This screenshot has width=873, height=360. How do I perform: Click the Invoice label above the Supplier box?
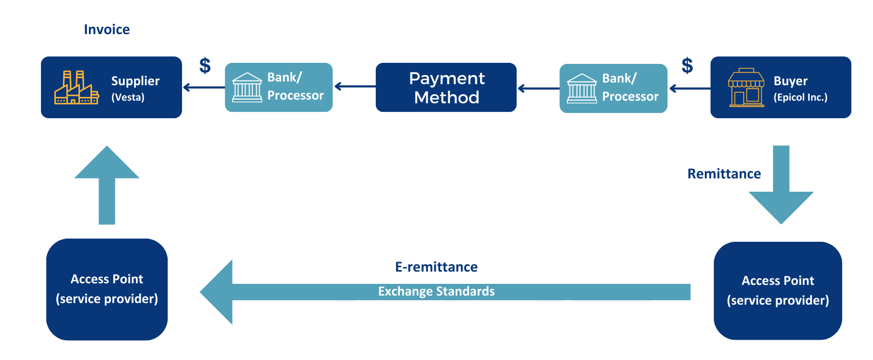click(x=107, y=30)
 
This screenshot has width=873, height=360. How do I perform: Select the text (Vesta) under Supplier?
click(x=128, y=97)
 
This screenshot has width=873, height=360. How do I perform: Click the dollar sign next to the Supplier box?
click(x=205, y=66)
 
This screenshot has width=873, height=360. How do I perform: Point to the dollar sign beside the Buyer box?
click(x=687, y=66)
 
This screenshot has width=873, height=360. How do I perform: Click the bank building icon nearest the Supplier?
click(x=247, y=87)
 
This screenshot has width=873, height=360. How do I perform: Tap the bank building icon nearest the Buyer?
click(x=582, y=88)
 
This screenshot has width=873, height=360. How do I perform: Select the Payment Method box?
click(x=446, y=87)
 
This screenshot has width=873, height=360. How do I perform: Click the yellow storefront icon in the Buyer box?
click(x=746, y=88)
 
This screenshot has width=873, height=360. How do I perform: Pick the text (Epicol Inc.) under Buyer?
click(x=801, y=97)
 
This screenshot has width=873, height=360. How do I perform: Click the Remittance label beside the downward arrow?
click(x=724, y=174)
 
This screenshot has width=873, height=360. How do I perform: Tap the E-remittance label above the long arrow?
click(x=436, y=267)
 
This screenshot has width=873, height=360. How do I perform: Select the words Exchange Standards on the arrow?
click(x=436, y=291)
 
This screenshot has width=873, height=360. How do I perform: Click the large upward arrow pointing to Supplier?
click(x=107, y=185)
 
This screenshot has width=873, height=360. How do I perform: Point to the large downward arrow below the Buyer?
click(x=781, y=185)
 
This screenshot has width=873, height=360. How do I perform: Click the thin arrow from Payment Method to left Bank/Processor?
click(x=355, y=86)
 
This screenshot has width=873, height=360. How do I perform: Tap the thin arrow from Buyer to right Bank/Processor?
click(x=690, y=88)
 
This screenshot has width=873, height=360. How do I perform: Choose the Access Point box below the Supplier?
click(x=107, y=289)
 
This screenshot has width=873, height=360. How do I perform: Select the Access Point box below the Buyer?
click(x=778, y=291)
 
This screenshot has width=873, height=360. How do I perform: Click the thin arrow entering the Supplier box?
click(x=204, y=87)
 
